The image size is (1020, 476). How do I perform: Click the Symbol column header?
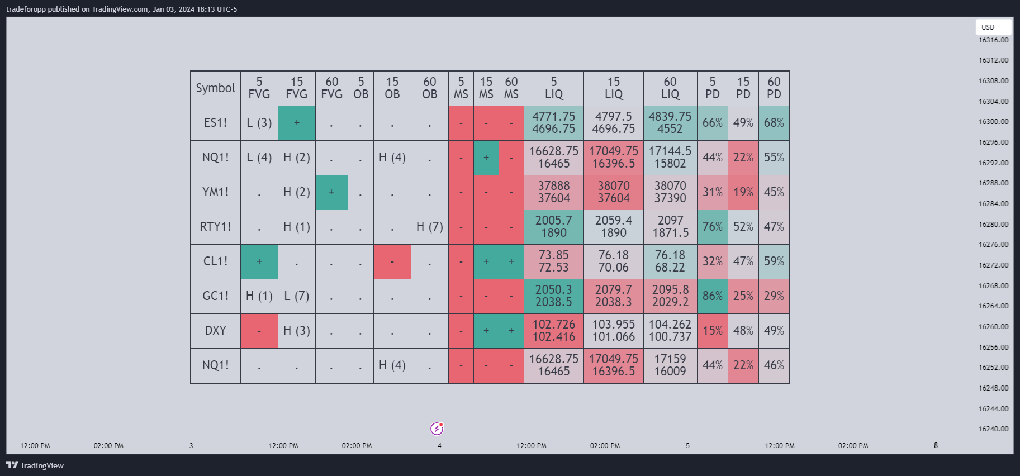tap(215, 88)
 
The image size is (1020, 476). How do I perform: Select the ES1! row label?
tap(215, 123)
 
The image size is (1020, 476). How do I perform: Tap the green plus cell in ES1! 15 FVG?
tap(297, 123)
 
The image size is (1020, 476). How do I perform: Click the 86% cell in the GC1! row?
tap(712, 296)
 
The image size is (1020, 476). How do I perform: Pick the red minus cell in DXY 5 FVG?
tap(259, 331)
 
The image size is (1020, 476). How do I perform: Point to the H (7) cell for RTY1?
tap(429, 227)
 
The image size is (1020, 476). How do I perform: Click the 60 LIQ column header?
tap(670, 88)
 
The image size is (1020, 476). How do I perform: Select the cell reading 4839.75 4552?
tap(670, 123)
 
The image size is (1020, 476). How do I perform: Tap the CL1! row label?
tap(215, 261)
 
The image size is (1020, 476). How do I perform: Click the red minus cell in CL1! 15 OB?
tap(392, 261)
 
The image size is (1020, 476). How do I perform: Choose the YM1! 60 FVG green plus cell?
tap(331, 192)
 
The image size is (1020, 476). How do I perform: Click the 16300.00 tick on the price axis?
tap(993, 122)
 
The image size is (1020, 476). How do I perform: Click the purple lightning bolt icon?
tap(437, 429)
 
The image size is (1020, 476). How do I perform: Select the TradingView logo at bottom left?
tap(35, 465)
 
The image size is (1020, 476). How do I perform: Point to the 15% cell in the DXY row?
tap(712, 331)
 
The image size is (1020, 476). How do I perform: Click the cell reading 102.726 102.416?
tap(553, 331)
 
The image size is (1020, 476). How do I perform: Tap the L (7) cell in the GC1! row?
tap(297, 296)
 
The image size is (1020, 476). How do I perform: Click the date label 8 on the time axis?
tap(936, 446)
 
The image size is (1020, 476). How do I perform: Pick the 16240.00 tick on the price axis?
tap(993, 429)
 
